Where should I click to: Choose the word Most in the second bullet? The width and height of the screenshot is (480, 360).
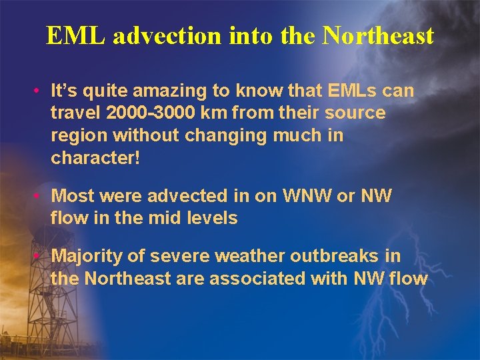coord(73,196)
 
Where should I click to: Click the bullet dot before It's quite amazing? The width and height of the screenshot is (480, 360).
coord(41,90)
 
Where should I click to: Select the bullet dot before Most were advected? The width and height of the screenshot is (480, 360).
coord(41,196)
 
